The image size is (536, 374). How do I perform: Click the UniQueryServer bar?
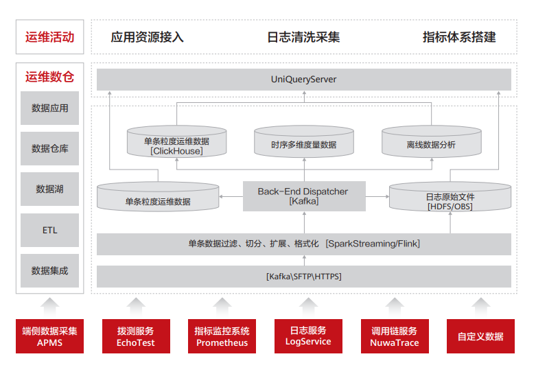pyautogui.click(x=304, y=80)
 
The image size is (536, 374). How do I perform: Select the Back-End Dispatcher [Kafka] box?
pyautogui.click(x=304, y=196)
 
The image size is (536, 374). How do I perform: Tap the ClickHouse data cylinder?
pyautogui.click(x=177, y=141)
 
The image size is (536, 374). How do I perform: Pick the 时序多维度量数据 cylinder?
pyautogui.click(x=304, y=141)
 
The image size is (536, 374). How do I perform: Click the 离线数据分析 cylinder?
pyautogui.click(x=432, y=141)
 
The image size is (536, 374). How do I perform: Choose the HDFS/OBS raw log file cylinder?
pyautogui.click(x=450, y=196)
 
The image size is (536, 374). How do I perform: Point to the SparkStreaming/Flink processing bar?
pyautogui.click(x=304, y=244)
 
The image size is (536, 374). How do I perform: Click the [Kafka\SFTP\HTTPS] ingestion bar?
pyautogui.click(x=304, y=277)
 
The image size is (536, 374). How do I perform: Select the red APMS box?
pyautogui.click(x=49, y=336)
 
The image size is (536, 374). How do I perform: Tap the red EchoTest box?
pyautogui.click(x=136, y=336)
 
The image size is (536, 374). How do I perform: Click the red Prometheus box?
pyautogui.click(x=222, y=336)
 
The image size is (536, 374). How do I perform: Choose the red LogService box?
pyautogui.click(x=308, y=336)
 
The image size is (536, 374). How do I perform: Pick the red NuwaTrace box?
pyautogui.click(x=395, y=336)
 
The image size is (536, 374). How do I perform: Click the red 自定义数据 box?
pyautogui.click(x=480, y=336)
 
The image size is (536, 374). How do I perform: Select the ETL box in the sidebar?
pyautogui.click(x=49, y=230)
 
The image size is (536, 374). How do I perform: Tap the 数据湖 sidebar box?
pyautogui.click(x=49, y=189)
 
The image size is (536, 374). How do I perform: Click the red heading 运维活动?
pyautogui.click(x=49, y=37)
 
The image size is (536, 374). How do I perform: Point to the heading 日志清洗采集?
pyautogui.click(x=303, y=37)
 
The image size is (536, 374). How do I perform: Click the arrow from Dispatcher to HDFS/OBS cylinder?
pyautogui.click(x=377, y=196)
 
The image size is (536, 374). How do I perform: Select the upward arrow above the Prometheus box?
pyautogui.click(x=222, y=307)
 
